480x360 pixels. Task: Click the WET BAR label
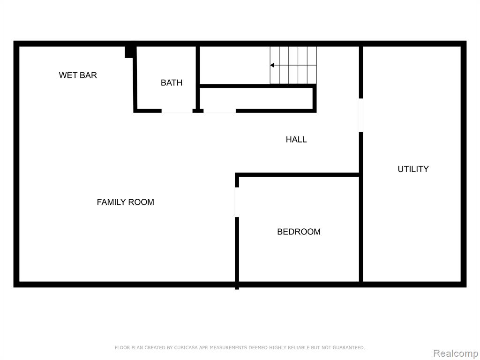click(78, 75)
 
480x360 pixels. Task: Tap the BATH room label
click(172, 82)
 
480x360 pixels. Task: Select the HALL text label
click(296, 140)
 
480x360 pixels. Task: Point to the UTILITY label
click(413, 169)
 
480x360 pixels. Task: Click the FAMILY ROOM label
click(125, 202)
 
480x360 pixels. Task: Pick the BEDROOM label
click(299, 232)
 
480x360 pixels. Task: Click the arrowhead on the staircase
click(272, 65)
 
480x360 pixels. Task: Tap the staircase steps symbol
click(293, 65)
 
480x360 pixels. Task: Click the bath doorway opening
click(177, 111)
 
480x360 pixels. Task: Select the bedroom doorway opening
click(237, 202)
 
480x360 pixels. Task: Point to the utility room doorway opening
click(361, 115)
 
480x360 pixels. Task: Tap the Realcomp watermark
click(456, 353)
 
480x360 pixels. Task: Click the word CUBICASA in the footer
click(186, 347)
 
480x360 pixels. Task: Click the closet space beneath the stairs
click(256, 98)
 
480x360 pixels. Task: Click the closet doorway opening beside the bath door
click(219, 111)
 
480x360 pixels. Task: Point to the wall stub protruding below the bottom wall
click(237, 288)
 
